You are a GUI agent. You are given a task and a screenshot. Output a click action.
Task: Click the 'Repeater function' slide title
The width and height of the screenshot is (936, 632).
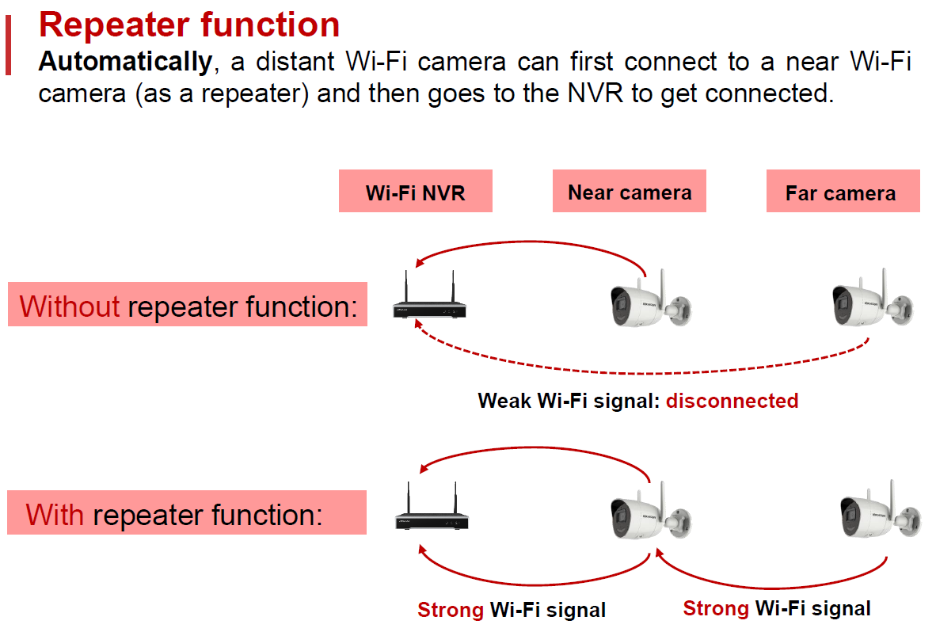tap(189, 25)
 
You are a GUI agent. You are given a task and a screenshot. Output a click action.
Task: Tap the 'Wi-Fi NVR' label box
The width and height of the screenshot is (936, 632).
tap(415, 192)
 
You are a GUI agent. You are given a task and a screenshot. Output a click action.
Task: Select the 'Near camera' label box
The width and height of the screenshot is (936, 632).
tap(630, 192)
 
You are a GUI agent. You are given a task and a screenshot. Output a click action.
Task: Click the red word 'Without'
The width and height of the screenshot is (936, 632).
tap(70, 306)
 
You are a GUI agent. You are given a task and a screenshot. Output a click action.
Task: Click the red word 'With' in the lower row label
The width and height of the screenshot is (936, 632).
tap(55, 515)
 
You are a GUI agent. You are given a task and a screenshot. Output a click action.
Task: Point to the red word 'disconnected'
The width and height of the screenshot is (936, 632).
tap(732, 401)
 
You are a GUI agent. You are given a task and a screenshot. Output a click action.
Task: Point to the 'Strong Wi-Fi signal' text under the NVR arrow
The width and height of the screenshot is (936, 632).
tap(512, 610)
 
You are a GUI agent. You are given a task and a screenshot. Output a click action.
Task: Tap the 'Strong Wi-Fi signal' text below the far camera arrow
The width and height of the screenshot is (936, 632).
tap(777, 608)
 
